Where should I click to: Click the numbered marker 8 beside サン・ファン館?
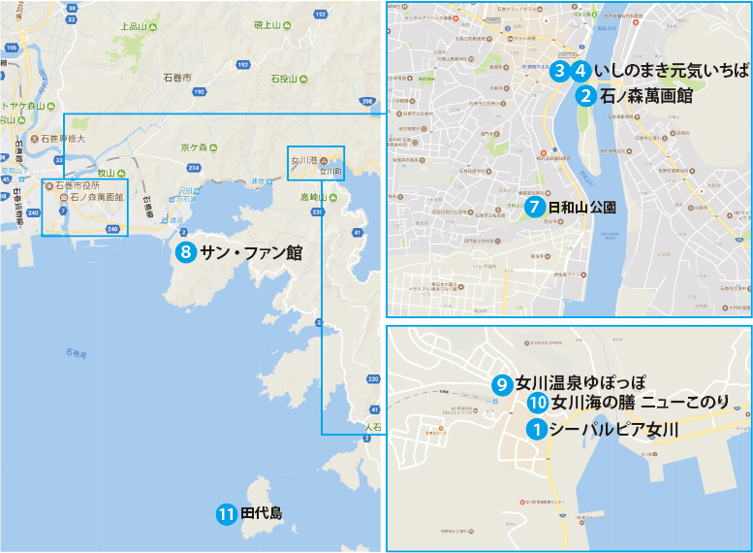pyautogui.click(x=186, y=253)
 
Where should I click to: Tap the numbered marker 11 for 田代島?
pyautogui.click(x=227, y=514)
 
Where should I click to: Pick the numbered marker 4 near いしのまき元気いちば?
pyautogui.click(x=580, y=71)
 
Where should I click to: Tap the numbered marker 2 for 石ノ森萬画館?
pyautogui.click(x=585, y=95)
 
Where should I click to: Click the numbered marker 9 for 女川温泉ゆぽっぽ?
pyautogui.click(x=502, y=384)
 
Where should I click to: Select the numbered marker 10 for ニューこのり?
pyautogui.click(x=539, y=404)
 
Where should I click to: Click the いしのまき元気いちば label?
pyautogui.click(x=673, y=71)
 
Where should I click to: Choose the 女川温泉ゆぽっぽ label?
pyautogui.click(x=581, y=384)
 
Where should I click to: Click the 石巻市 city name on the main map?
pyautogui.click(x=178, y=75)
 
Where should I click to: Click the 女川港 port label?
pyautogui.click(x=305, y=159)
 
